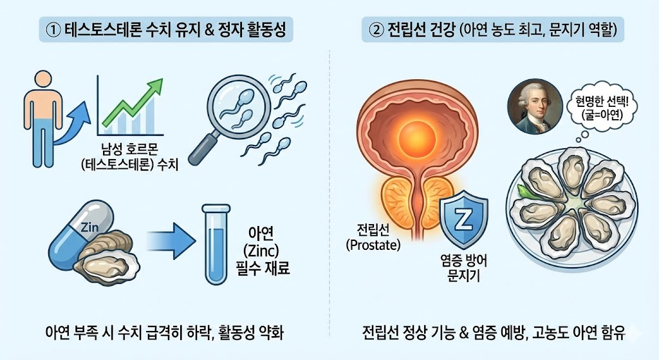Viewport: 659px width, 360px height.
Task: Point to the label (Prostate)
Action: [373, 245]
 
